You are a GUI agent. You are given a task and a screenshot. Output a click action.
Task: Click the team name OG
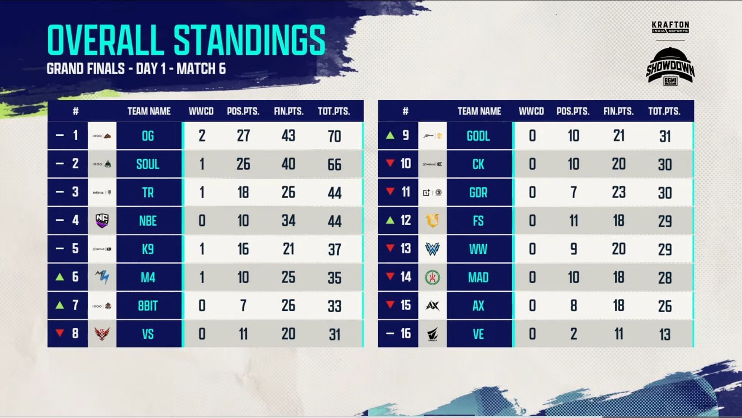click(148, 136)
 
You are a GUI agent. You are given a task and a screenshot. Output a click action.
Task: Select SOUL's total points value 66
click(334, 165)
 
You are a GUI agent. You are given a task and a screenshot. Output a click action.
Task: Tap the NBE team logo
click(102, 221)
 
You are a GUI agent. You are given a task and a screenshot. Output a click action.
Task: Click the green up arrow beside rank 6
click(60, 277)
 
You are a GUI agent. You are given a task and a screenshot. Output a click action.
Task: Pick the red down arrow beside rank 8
click(60, 333)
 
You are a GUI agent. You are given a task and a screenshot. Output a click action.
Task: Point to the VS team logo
click(102, 334)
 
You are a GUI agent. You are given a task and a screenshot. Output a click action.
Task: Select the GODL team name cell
click(478, 136)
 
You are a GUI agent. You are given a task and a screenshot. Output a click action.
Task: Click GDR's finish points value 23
click(618, 193)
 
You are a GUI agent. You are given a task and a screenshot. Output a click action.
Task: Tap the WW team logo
click(433, 249)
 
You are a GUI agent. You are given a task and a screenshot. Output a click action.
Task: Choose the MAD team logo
click(433, 277)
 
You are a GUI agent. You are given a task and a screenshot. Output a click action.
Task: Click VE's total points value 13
click(665, 334)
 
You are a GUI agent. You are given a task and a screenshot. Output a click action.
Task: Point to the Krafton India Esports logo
click(670, 27)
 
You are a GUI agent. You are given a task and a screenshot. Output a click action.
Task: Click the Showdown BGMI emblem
click(670, 66)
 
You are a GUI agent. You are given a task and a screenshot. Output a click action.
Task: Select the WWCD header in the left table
click(201, 111)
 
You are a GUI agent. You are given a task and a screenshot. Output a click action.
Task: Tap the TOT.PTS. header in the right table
click(664, 111)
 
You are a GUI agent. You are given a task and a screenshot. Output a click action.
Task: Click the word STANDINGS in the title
click(249, 40)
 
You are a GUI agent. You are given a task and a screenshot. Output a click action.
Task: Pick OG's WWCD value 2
click(202, 136)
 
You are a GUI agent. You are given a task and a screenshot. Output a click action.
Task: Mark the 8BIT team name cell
click(148, 306)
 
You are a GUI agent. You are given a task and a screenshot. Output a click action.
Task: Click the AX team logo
click(433, 306)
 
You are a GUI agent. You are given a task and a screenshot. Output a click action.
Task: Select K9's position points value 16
click(243, 249)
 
